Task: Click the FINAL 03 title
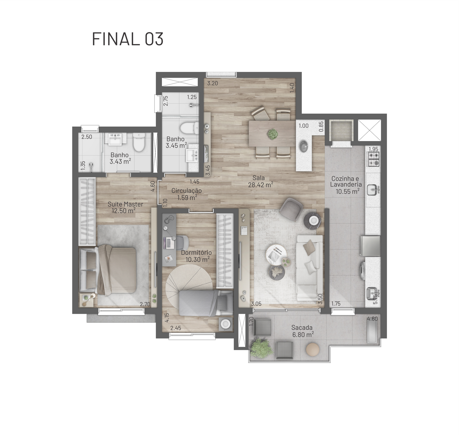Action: coord(128,39)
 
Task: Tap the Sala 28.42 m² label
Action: coord(261,181)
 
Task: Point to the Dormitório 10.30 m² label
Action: coord(196,256)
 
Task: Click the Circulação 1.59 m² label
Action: coord(186,194)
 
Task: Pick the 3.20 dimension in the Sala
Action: coord(212,83)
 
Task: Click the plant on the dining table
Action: coord(273,134)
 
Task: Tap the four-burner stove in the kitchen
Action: coord(373,159)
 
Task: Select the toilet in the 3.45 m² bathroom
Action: coord(190,128)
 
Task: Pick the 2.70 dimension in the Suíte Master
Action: coord(145,304)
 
